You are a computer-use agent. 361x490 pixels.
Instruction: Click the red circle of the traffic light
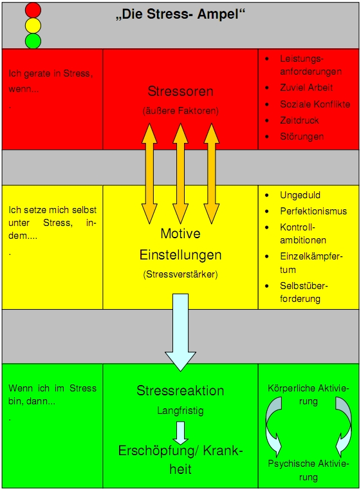33,10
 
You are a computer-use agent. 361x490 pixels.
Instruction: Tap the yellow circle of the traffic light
33,25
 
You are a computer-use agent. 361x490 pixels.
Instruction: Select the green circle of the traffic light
33,41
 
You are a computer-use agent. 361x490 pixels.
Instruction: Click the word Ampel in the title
221,14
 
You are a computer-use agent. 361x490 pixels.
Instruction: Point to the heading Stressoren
180,91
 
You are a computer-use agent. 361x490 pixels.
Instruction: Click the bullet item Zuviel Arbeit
306,88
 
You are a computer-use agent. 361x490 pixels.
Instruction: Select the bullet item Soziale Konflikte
315,104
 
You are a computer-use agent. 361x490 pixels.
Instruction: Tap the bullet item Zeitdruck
299,120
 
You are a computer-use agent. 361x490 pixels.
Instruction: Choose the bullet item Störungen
302,137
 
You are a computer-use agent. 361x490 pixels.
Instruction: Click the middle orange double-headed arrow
180,174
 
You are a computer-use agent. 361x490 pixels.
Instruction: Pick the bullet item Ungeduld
300,195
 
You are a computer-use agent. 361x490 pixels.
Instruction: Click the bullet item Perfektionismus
313,211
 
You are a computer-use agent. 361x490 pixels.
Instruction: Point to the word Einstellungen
180,255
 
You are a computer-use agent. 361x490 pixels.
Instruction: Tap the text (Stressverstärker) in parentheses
180,274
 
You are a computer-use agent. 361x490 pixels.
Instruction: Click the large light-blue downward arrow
180,332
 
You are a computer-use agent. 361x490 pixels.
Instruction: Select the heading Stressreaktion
180,391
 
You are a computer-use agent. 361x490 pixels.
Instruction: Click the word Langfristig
180,410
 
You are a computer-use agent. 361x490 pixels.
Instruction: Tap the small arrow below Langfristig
180,433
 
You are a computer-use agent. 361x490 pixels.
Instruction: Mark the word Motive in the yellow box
180,234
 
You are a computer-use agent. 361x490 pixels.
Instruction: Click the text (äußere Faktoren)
180,111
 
